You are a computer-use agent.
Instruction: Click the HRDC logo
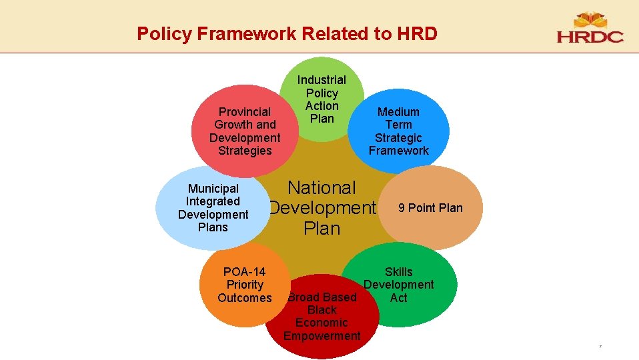pyautogui.click(x=590, y=28)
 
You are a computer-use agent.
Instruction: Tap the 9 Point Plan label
pyautogui.click(x=430, y=208)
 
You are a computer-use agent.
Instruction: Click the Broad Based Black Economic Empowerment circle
pyautogui.click(x=322, y=317)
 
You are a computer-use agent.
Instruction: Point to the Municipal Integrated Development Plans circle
pyautogui.click(x=213, y=208)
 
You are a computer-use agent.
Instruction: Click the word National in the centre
pyautogui.click(x=322, y=189)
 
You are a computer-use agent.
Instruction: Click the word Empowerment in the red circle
pyautogui.click(x=322, y=336)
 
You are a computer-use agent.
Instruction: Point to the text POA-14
pyautogui.click(x=244, y=272)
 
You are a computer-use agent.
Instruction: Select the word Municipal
pyautogui.click(x=213, y=189)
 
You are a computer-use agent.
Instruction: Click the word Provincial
pyautogui.click(x=245, y=112)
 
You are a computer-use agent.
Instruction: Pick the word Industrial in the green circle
pyautogui.click(x=322, y=80)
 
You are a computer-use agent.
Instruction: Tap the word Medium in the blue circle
pyautogui.click(x=398, y=112)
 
